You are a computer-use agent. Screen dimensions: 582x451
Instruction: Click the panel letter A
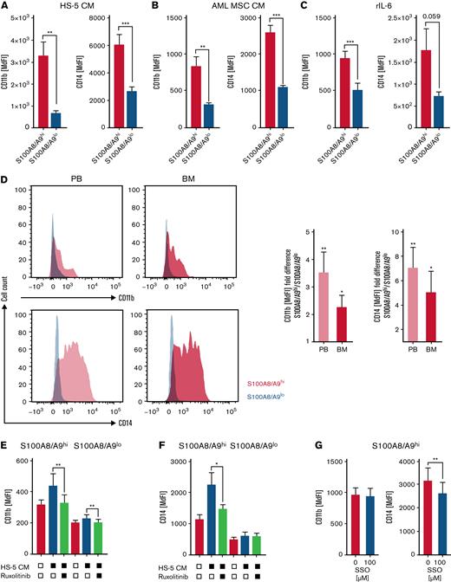6,7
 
